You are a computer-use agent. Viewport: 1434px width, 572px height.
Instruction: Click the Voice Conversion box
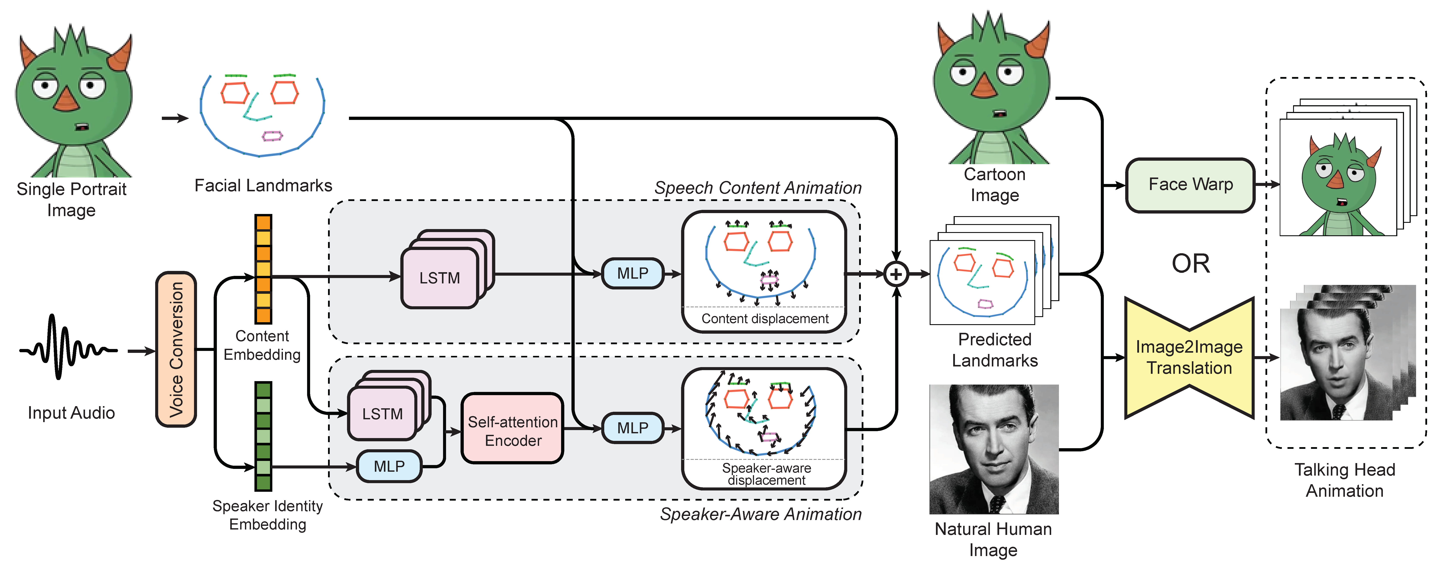176,349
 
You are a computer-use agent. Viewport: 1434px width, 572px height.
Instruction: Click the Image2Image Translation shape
1189,358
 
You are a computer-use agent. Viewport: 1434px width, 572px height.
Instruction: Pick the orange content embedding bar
263,269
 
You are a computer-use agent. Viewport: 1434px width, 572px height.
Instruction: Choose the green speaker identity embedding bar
263,436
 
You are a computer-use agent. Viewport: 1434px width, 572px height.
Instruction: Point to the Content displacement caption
765,319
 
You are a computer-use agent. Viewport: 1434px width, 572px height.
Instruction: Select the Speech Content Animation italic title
758,188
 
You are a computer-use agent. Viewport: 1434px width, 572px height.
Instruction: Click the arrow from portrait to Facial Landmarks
175,118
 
